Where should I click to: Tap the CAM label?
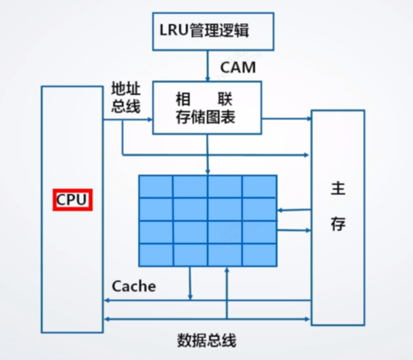[x=238, y=67]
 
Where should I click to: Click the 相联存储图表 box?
[x=207, y=108]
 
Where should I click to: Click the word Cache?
[x=134, y=286]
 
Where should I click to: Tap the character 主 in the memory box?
[x=338, y=189]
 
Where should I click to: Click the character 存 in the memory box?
[x=338, y=224]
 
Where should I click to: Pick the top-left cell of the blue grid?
[x=156, y=186]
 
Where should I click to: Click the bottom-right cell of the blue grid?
[x=259, y=255]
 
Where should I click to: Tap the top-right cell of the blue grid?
[x=259, y=186]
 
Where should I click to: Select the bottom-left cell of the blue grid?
[x=156, y=255]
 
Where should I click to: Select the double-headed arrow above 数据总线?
[x=207, y=319]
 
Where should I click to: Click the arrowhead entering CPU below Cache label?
[x=106, y=300]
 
